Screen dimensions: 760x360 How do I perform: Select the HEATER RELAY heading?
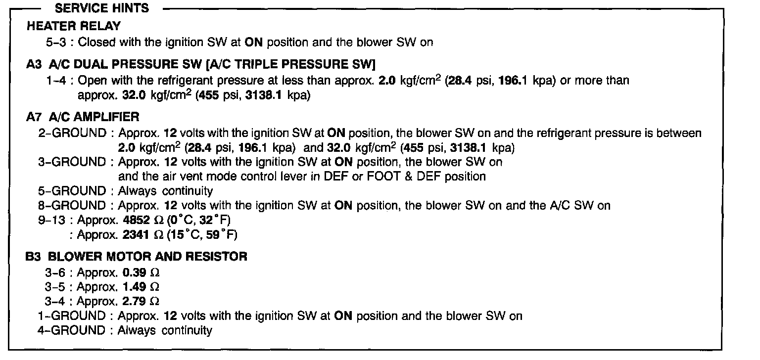74,26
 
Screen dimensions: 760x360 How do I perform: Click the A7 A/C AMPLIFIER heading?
83,117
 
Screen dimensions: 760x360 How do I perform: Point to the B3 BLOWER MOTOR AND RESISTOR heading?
137,257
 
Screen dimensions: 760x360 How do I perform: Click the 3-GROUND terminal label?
72,162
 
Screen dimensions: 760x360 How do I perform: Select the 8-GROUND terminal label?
72,205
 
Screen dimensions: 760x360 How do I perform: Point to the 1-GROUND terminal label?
72,315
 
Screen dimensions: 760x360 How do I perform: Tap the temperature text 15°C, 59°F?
201,235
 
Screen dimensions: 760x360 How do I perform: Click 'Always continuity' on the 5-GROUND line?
165,191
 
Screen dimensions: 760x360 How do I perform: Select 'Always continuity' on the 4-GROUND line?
165,330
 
